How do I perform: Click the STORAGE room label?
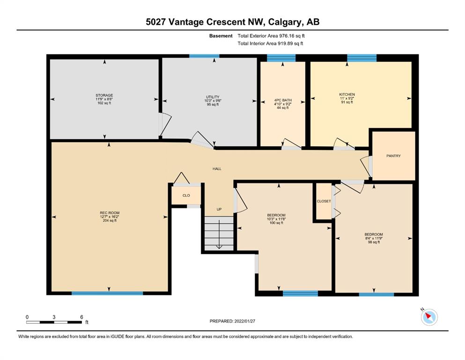pyautogui.click(x=104, y=95)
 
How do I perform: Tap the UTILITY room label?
pyautogui.click(x=213, y=97)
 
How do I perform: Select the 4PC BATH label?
pyautogui.click(x=283, y=100)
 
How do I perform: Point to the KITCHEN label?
pyautogui.click(x=347, y=94)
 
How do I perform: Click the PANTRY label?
pyautogui.click(x=393, y=156)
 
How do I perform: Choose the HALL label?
pyautogui.click(x=217, y=169)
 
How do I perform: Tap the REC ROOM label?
pyautogui.click(x=110, y=213)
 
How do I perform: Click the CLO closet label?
pyautogui.click(x=186, y=195)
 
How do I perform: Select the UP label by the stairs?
pyautogui.click(x=219, y=209)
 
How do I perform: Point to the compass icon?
pyautogui.click(x=429, y=317)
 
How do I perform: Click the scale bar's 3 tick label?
pyautogui.click(x=54, y=317)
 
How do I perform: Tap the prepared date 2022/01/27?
pyautogui.click(x=244, y=321)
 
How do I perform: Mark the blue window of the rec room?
pyautogui.click(x=107, y=293)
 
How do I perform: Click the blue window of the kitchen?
pyautogui.click(x=362, y=58)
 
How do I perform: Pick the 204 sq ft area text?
pyautogui.click(x=110, y=220)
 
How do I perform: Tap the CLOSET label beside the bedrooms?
pyautogui.click(x=324, y=201)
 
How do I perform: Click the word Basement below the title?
pyautogui.click(x=221, y=36)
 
